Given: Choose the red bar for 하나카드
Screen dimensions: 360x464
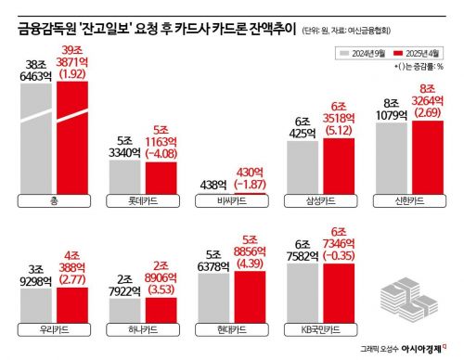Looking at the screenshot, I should pos(160,303).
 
